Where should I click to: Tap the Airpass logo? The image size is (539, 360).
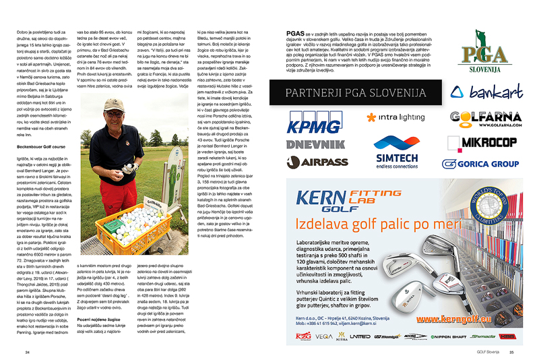pyautogui.click(x=314, y=161)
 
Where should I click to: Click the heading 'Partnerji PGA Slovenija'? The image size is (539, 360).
pyautogui.click(x=356, y=91)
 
